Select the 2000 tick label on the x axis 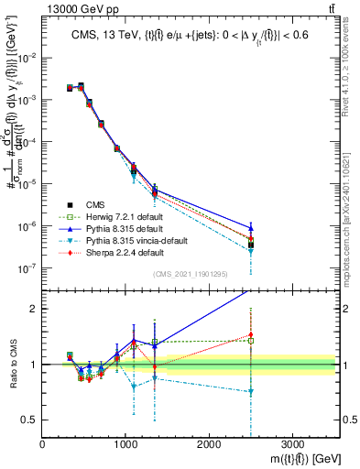point(209,443)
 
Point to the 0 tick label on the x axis point(42,443)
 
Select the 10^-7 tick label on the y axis point(27,268)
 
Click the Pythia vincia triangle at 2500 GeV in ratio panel point(251,392)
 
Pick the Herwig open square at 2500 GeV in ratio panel point(251,341)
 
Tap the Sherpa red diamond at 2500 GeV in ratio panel point(251,335)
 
